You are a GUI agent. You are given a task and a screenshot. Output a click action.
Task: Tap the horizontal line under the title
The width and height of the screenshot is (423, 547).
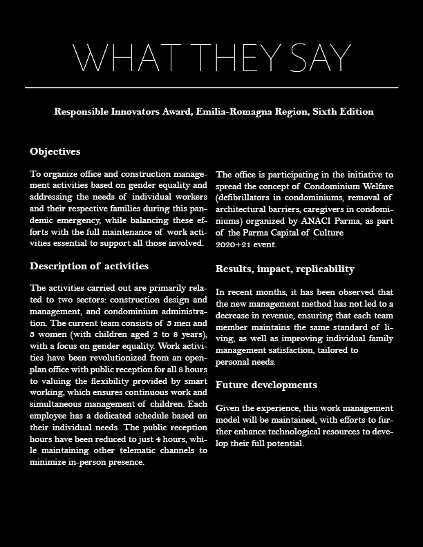[211, 88]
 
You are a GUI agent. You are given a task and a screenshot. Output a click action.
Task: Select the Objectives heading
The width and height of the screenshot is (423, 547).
[55, 151]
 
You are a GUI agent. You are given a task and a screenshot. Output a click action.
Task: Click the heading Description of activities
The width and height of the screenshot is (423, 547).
[89, 266]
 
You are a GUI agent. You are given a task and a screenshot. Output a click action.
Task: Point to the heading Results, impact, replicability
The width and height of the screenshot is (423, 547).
[285, 269]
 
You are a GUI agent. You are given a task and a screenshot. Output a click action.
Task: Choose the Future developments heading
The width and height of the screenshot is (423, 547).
[267, 385]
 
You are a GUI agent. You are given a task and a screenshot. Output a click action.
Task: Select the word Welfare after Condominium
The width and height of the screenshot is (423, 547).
[375, 186]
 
